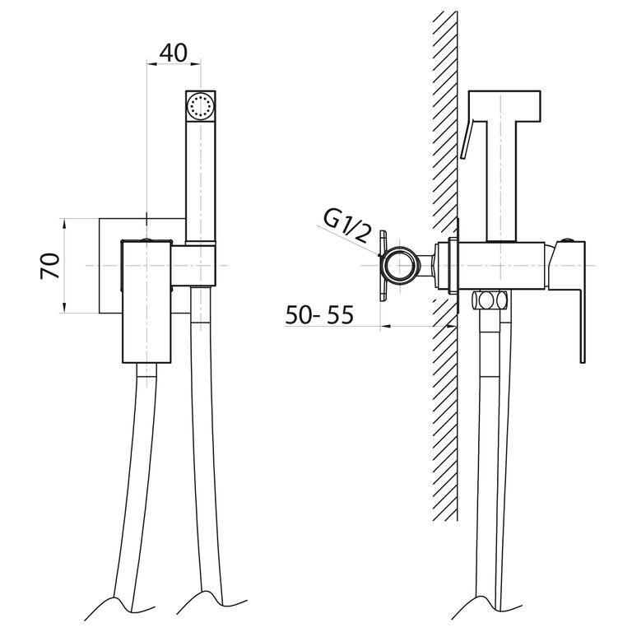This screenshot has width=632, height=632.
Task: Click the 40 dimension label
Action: [x=174, y=53]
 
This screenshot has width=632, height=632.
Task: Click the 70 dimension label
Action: [x=50, y=266]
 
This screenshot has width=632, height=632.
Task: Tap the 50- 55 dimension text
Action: [x=319, y=315]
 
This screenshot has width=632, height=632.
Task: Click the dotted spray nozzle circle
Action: [x=200, y=106]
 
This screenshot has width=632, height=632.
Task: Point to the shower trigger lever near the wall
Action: [x=467, y=139]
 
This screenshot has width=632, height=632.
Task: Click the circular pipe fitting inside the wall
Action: [x=398, y=266]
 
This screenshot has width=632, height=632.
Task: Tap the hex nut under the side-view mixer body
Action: [x=490, y=300]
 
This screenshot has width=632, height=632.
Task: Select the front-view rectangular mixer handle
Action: [x=146, y=301]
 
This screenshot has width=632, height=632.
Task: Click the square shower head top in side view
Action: [x=504, y=105]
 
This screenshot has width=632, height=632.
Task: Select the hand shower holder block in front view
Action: [x=193, y=266]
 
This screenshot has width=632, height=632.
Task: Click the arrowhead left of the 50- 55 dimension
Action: [x=386, y=326]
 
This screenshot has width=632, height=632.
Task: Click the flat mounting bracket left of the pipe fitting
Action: [x=383, y=266]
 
